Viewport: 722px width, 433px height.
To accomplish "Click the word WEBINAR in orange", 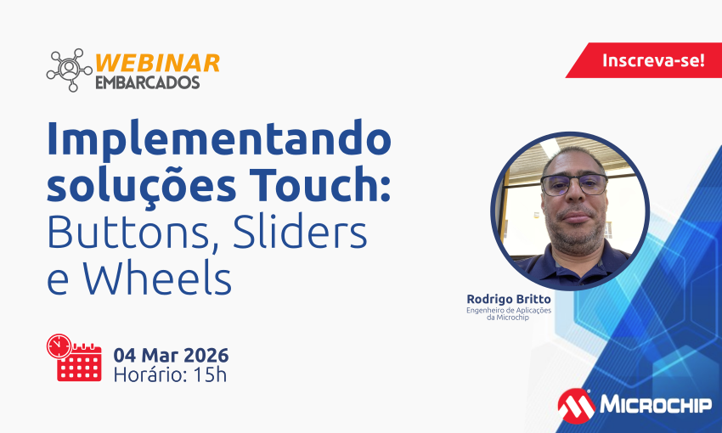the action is [157, 64].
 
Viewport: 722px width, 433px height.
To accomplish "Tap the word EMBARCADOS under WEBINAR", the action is [147, 82].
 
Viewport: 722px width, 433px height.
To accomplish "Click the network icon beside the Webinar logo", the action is [69, 70].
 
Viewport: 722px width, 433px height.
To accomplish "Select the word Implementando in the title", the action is [219, 139].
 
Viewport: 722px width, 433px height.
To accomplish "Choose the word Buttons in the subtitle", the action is [129, 232].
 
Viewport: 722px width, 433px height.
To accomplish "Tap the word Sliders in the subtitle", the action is [300, 231].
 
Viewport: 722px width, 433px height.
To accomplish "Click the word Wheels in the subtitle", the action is [157, 278].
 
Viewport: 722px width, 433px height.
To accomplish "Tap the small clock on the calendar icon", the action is [59, 346].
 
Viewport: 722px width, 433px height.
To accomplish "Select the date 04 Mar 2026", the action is [171, 355].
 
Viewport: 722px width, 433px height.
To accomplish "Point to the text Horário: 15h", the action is [170, 375].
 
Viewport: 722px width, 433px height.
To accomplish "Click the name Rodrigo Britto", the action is [509, 300].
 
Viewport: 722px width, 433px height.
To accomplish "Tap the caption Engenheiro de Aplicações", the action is [509, 310].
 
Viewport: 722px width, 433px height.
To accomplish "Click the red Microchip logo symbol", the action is [576, 406].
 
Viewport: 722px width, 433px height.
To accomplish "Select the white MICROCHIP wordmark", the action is [656, 405].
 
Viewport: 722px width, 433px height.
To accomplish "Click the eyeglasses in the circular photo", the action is [574, 185].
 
